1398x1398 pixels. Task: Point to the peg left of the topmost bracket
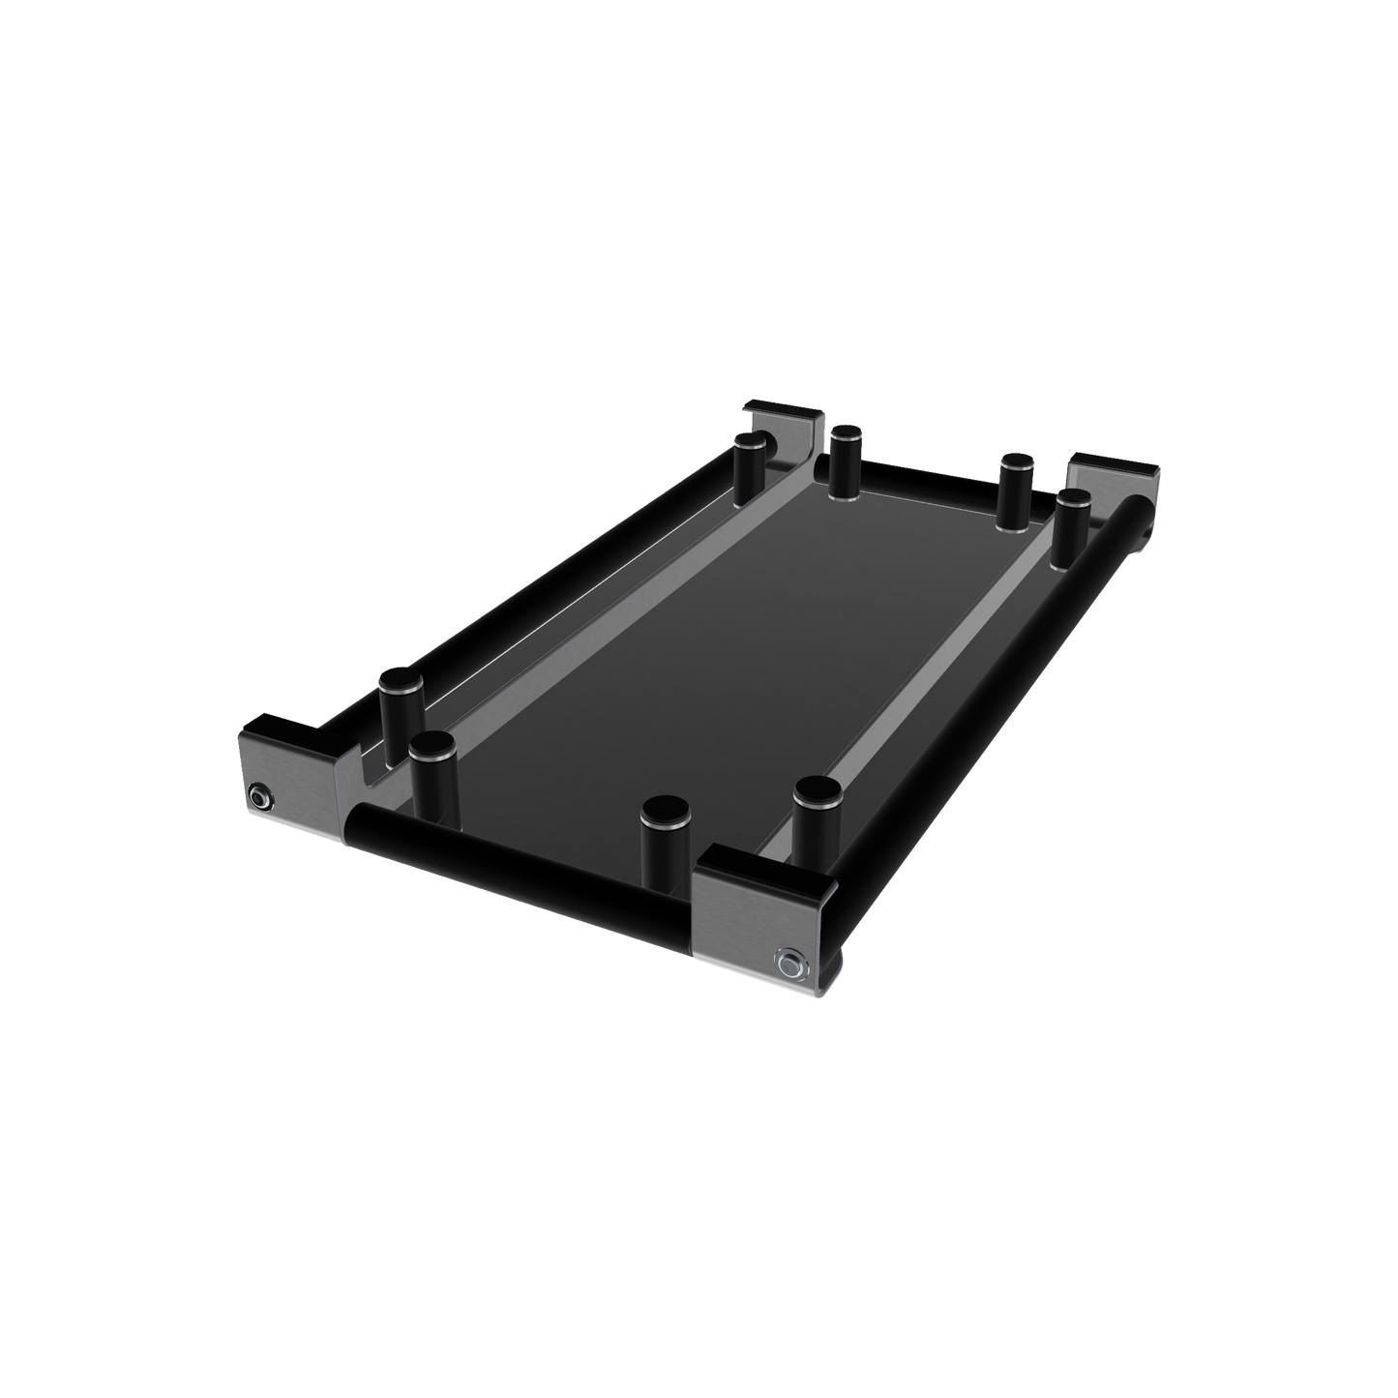coord(749,469)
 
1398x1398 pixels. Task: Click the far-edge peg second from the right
coord(1015,489)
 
